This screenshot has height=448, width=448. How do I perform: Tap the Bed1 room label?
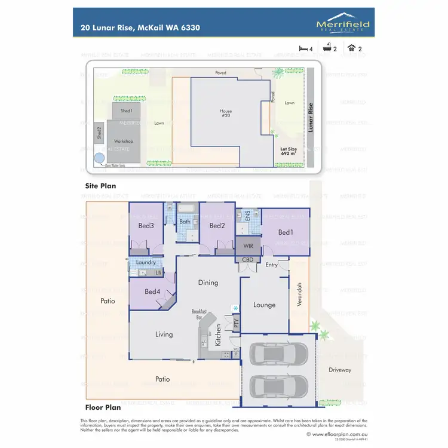coord(286,232)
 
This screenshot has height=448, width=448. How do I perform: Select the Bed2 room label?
coord(217,226)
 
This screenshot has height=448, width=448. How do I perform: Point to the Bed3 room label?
coord(146,226)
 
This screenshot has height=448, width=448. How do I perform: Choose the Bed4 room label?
coord(152,291)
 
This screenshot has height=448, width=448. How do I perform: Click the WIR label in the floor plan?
coord(248,246)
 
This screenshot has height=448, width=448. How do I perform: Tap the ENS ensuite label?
coord(247,216)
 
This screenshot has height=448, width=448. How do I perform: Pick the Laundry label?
coord(146,262)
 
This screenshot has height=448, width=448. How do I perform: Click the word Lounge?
coord(264,305)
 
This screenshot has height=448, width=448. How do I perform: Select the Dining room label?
coord(208,283)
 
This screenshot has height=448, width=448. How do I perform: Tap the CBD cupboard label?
coord(247,260)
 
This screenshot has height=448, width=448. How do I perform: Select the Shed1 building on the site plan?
coord(126,111)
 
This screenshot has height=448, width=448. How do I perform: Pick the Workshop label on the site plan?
coord(124,141)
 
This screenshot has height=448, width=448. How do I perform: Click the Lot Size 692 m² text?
coord(289,151)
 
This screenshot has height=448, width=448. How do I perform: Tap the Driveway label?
coord(340,370)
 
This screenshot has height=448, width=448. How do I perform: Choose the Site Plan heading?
coord(100,186)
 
